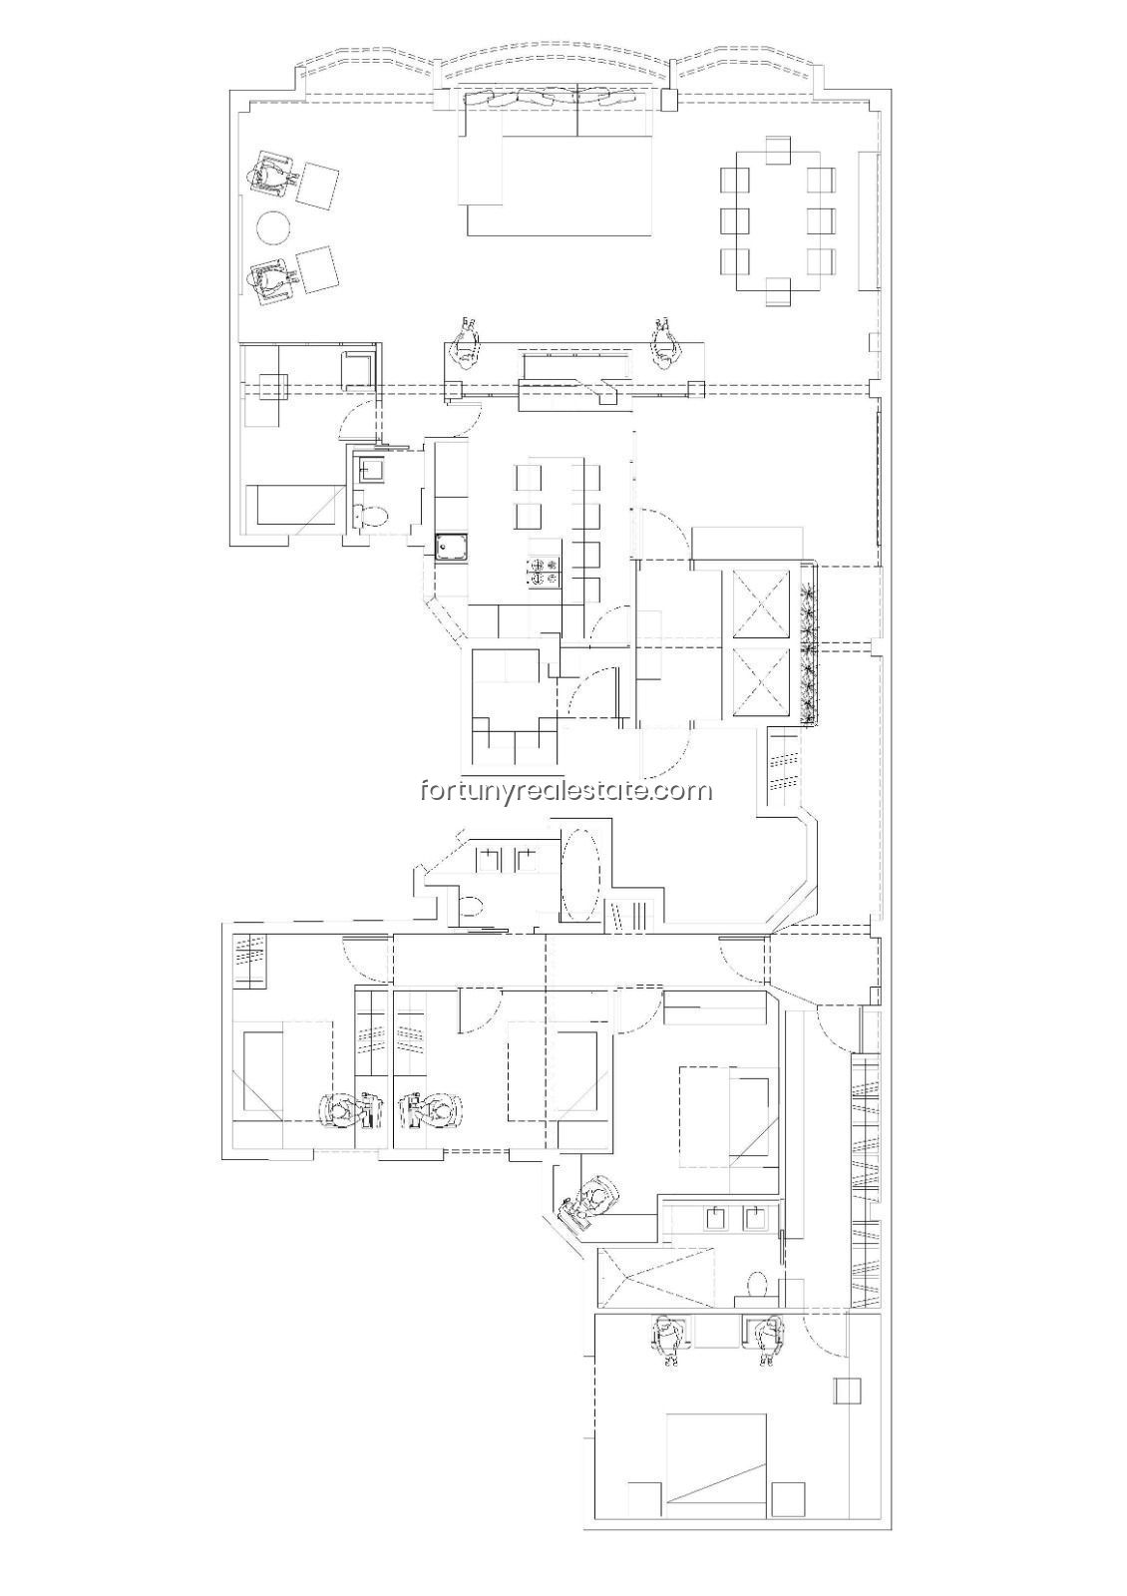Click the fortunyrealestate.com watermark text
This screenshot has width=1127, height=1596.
(566, 791)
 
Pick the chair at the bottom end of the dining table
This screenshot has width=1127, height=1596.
(778, 291)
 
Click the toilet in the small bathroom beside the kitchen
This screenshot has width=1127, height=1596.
(373, 515)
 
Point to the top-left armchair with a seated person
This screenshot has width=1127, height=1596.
(271, 174)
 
